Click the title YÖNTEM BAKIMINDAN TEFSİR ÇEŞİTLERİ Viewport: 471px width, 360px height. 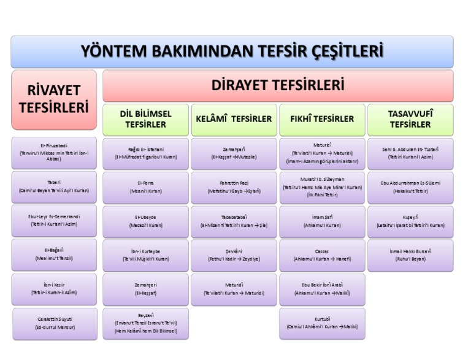pos(232,52)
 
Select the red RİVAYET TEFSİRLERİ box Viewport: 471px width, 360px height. pos(54,99)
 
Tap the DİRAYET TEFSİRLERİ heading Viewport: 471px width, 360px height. pos(277,85)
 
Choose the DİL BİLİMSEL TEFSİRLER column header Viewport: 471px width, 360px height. pos(145,120)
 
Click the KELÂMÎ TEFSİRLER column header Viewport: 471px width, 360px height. pos(234,120)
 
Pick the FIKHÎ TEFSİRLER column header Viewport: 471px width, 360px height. pos(322,120)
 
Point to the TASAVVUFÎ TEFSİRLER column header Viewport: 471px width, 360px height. pos(410,120)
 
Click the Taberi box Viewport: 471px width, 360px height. pos(54,187)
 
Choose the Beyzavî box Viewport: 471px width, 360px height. pos(145,323)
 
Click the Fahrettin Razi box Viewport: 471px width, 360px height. pos(234,187)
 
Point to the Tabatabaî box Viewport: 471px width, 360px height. pos(234,221)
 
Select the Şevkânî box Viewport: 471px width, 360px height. pos(234,255)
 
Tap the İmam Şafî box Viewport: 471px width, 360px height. pos(322,221)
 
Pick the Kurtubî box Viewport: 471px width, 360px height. pos(322,323)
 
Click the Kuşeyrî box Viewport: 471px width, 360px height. pos(410,221)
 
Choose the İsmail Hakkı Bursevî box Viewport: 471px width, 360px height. pos(410,255)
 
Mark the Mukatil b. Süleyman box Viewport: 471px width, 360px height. pos(322,187)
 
